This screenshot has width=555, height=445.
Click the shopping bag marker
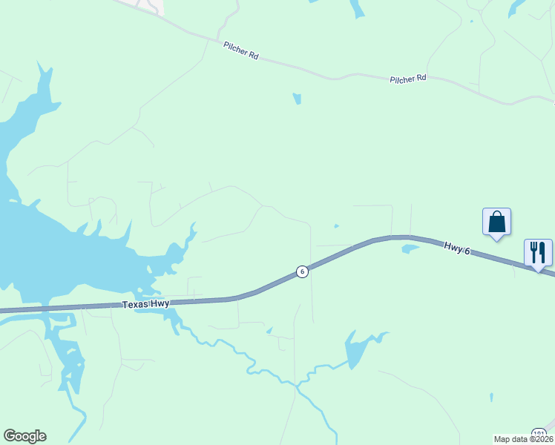pos(496,222)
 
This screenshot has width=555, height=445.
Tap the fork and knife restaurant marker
pos(538,253)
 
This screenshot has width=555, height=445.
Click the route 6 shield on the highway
pos(302,271)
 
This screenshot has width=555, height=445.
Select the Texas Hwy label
pos(146,304)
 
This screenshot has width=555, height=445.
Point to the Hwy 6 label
pos(458,248)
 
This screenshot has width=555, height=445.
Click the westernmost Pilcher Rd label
pos(240,50)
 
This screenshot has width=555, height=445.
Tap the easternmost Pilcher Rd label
pos(408,78)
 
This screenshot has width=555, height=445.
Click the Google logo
pos(24,436)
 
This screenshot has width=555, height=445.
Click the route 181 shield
pos(539,433)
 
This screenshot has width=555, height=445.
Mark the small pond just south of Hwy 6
pos(410,248)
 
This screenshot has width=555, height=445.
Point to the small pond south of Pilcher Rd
pos(297,99)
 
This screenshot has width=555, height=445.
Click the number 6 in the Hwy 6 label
pos(467,252)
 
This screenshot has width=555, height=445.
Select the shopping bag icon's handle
pos(496,215)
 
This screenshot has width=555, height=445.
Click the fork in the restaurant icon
pos(533,252)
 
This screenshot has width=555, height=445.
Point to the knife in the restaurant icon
pos(542,252)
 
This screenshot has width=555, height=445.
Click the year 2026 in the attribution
pos(543,439)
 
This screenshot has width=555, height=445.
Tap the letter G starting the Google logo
pos(10,436)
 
